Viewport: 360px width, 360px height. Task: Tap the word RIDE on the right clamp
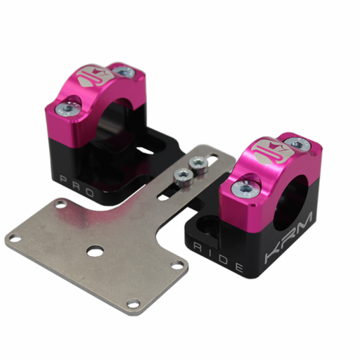click(x=219, y=257)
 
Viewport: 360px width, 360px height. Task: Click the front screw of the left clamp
click(x=67, y=108)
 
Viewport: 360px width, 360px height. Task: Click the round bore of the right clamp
click(x=296, y=193)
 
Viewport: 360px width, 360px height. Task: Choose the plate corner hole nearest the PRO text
click(x=60, y=204)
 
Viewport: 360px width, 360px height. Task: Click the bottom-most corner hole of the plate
click(x=131, y=303)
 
